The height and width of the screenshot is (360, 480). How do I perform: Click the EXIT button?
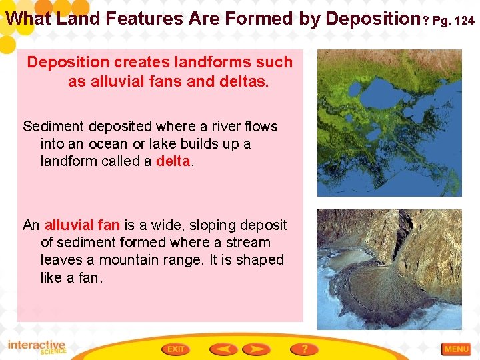click(176, 349)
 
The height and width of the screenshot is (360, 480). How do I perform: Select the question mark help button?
click(304, 349)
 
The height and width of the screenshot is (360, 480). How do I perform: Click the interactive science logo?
click(37, 347)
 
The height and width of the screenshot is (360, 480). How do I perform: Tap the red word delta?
click(173, 161)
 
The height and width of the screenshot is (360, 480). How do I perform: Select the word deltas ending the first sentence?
click(243, 82)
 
